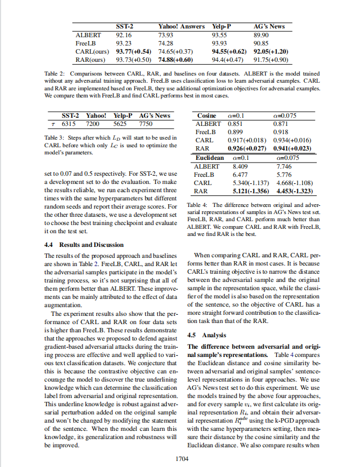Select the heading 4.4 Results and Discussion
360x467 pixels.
(x=83, y=245)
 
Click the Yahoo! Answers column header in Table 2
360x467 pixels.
(x=181, y=26)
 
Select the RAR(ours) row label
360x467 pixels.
(x=90, y=59)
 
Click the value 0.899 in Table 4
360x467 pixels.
(x=235, y=132)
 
